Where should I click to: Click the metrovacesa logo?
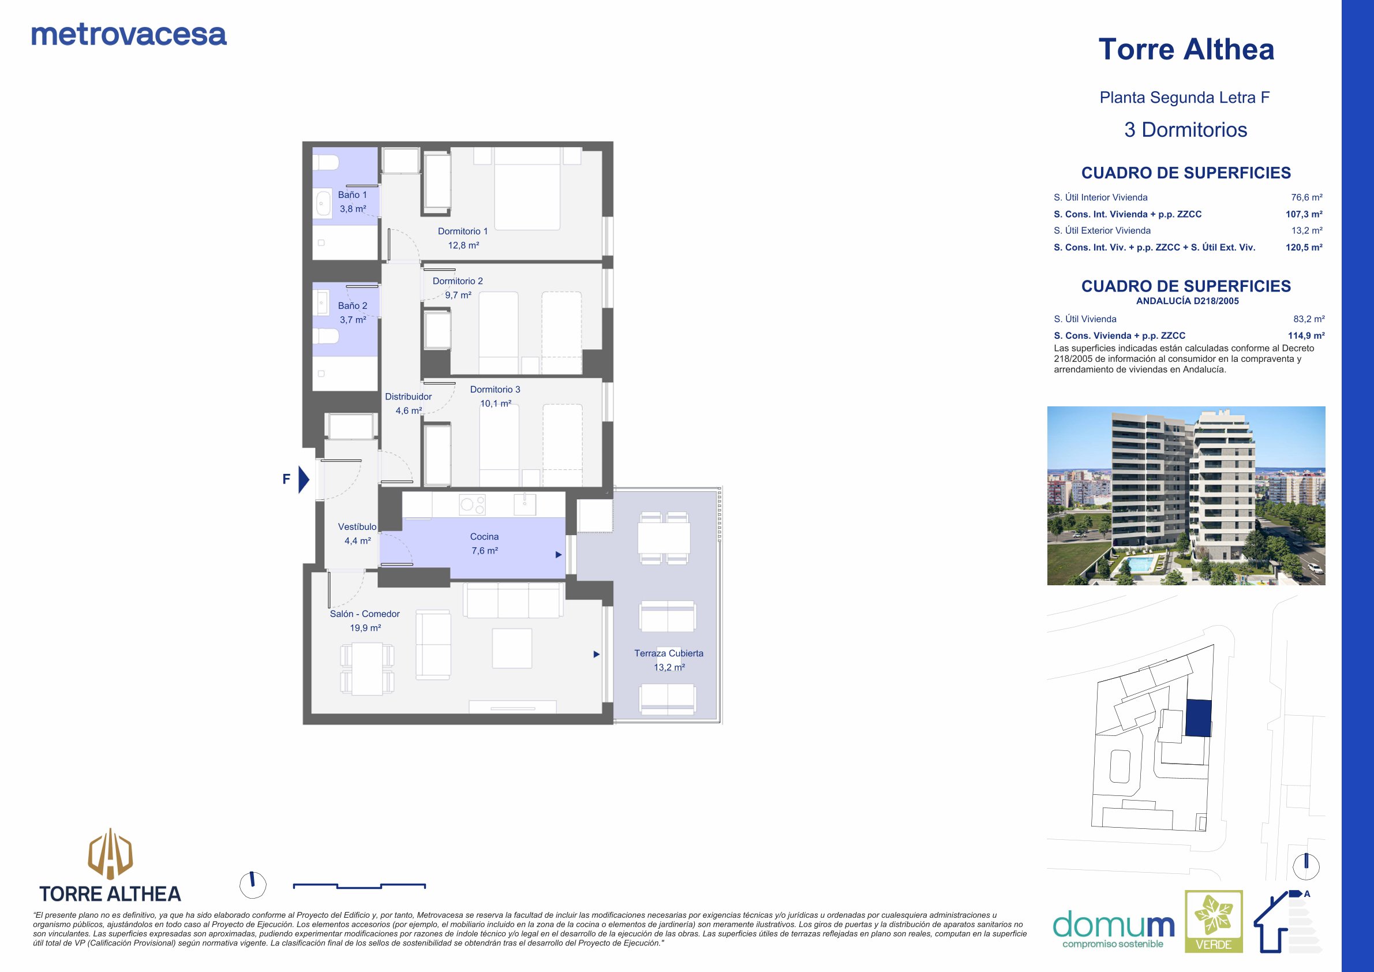click(129, 35)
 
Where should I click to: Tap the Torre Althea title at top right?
click(1186, 49)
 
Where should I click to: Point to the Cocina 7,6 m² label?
click(484, 544)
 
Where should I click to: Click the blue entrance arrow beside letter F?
click(304, 480)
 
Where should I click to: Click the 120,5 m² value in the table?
click(1304, 247)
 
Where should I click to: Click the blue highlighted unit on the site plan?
click(1198, 717)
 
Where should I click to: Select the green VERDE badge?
click(1214, 929)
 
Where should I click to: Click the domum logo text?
click(1113, 925)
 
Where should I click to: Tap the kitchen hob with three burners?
click(472, 504)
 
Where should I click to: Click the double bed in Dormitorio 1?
click(527, 188)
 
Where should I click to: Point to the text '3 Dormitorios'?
click(1185, 130)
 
